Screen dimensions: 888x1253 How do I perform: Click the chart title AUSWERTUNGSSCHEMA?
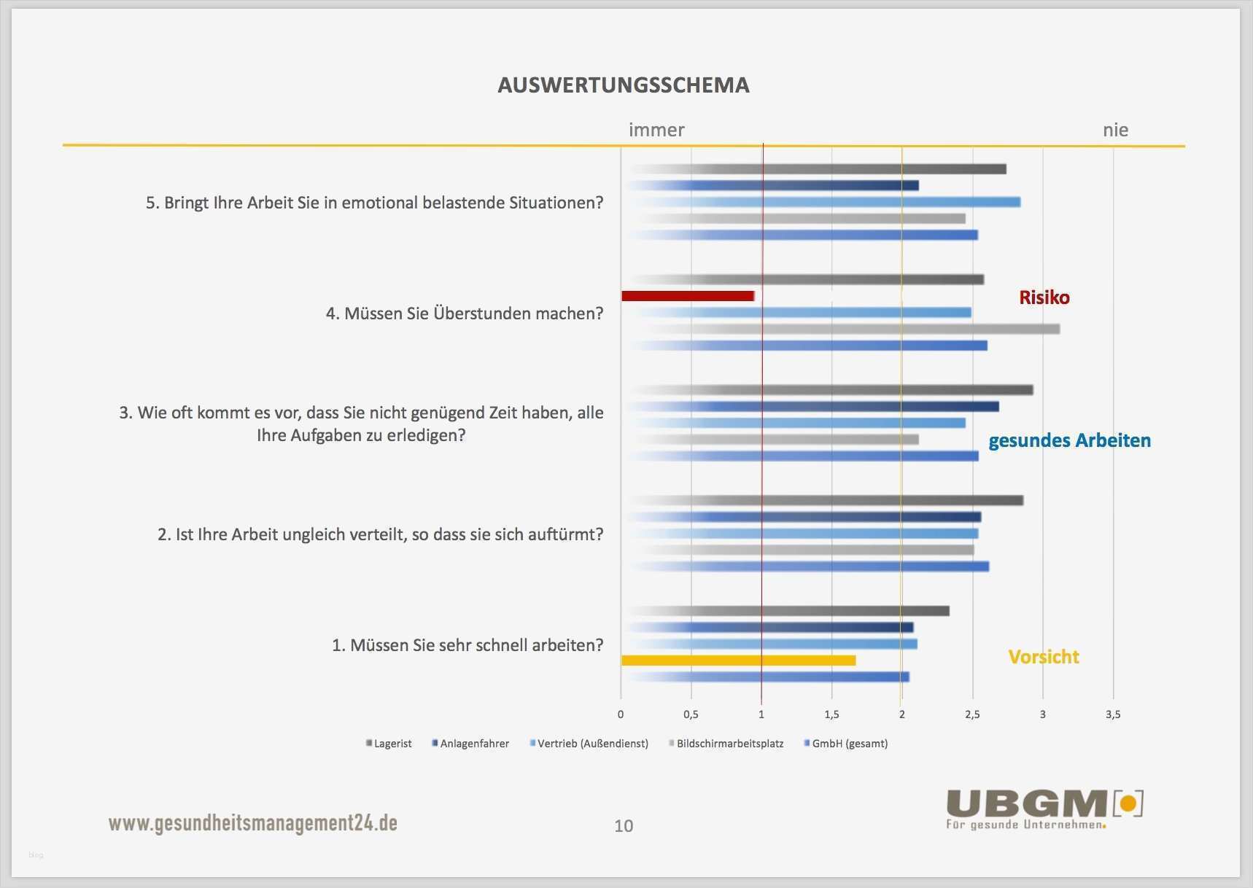pyautogui.click(x=624, y=85)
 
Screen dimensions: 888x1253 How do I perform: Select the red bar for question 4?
pyautogui.click(x=687, y=296)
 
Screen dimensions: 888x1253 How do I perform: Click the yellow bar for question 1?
pyautogui.click(x=738, y=661)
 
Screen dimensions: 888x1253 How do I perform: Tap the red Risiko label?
pyautogui.click(x=1044, y=297)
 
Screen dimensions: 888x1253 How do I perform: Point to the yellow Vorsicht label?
pyautogui.click(x=1043, y=657)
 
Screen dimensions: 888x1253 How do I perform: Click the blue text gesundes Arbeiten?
pyautogui.click(x=1069, y=440)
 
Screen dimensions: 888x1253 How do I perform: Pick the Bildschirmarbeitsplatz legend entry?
pyautogui.click(x=726, y=744)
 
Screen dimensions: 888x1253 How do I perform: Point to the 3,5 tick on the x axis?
pyautogui.click(x=1112, y=714)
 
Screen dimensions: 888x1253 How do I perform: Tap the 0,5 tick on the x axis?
pyautogui.click(x=691, y=714)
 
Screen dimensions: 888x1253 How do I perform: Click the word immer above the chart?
pyautogui.click(x=656, y=131)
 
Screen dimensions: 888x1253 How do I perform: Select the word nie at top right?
pyautogui.click(x=1115, y=131)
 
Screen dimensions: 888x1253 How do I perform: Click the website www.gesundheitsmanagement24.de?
pyautogui.click(x=253, y=823)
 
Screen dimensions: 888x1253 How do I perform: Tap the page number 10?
pyautogui.click(x=624, y=826)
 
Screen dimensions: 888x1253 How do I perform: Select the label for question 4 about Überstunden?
pyautogui.click(x=464, y=313)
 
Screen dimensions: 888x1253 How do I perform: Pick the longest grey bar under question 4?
pyautogui.click(x=846, y=330)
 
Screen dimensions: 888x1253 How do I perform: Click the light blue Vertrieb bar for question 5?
pyautogui.click(x=824, y=202)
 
